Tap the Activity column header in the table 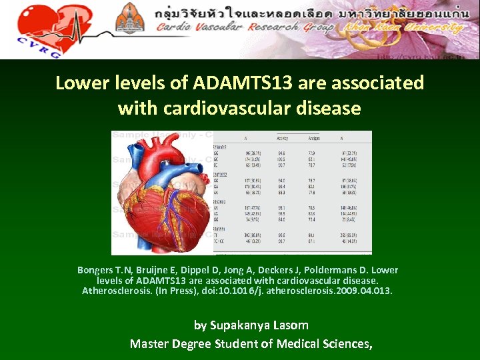283,139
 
